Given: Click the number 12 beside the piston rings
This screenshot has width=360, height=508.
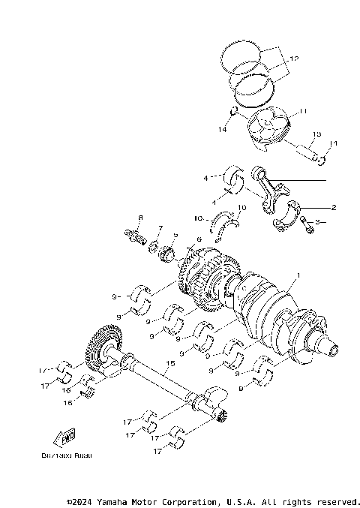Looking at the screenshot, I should [293, 58].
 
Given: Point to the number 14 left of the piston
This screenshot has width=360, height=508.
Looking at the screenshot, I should [222, 130].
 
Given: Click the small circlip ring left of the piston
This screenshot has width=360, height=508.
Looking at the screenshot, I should [234, 113].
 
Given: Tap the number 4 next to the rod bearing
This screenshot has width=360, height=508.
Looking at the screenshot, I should [204, 179].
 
